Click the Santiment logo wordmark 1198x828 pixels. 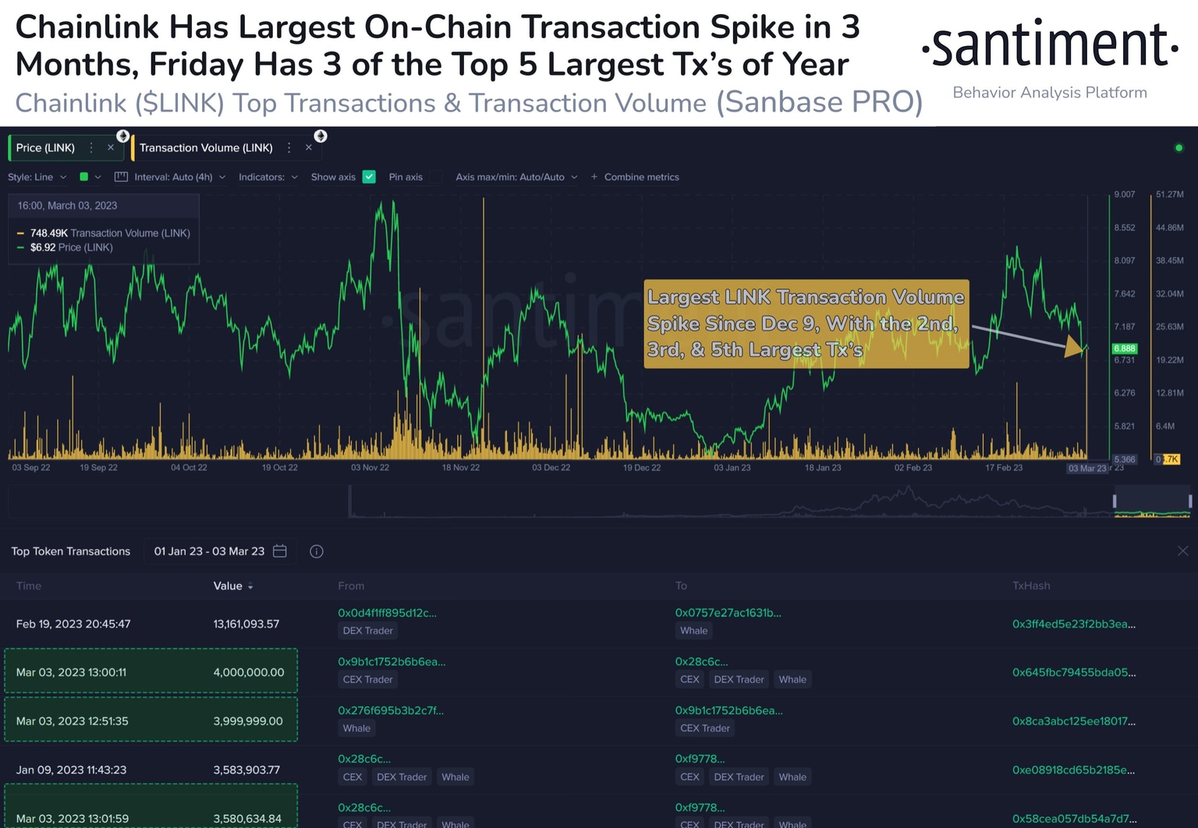pos(1050,45)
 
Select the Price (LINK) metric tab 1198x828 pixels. pos(46,148)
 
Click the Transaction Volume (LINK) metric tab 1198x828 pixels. pos(206,148)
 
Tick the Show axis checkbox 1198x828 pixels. pos(370,177)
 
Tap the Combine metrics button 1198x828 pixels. pos(635,177)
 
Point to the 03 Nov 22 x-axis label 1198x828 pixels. pos(370,468)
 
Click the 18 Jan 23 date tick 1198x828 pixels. pos(823,468)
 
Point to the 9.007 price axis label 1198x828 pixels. pos(1125,194)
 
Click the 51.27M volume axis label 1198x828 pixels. pos(1170,194)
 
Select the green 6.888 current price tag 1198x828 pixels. pos(1125,349)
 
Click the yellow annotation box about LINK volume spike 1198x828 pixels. pos(806,324)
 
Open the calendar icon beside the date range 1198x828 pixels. pos(280,551)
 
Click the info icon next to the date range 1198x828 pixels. pos(317,551)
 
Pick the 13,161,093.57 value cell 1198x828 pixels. pos(246,624)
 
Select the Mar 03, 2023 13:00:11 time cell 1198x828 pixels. pos(71,672)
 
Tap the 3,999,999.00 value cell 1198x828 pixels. pos(248,721)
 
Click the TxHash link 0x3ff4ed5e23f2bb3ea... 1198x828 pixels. pos(1073,624)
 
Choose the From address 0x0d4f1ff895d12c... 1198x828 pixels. pos(387,613)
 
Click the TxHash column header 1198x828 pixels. pos(1031,586)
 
